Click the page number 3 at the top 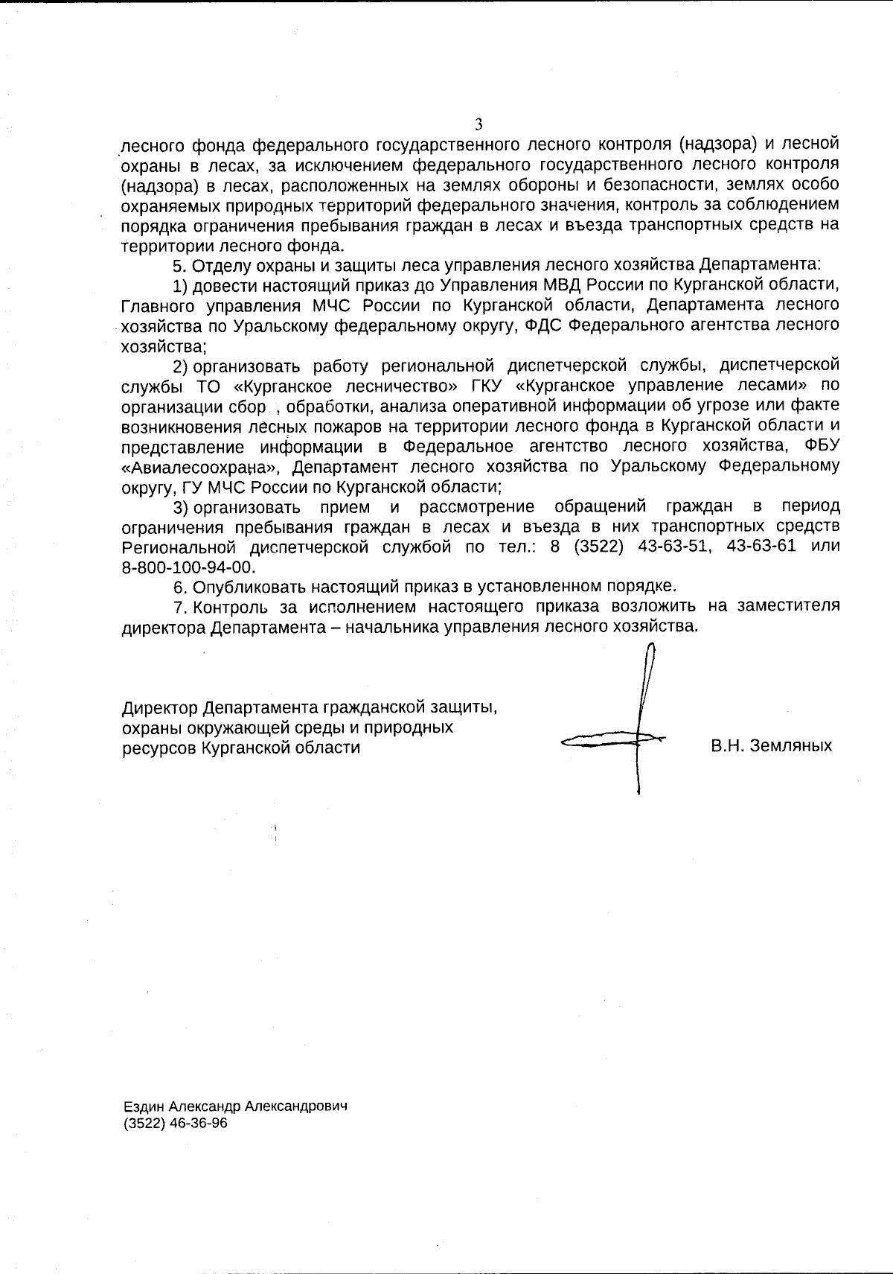click(478, 124)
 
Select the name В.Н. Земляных click(771, 745)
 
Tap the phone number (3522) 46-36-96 click(175, 1124)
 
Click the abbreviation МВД click(572, 284)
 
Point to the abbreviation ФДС click(543, 325)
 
